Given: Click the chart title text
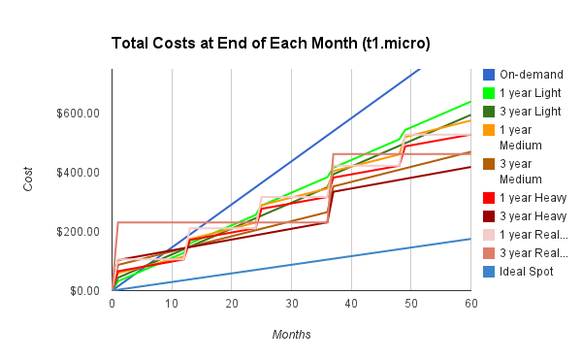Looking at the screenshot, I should [271, 44].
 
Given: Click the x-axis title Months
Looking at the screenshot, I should [291, 335].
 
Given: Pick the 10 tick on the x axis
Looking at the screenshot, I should [172, 305].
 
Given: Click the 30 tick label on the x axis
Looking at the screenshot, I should [291, 305].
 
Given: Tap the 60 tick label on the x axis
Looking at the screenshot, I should [470, 305].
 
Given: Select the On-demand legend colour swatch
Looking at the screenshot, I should [489, 75].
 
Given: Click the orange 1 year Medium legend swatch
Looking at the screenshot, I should [489, 130].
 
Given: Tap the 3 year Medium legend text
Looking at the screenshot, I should [524, 171].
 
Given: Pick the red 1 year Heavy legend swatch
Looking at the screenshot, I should [489, 197].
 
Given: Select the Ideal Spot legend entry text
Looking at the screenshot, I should [528, 272].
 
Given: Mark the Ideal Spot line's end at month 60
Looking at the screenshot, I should [470, 239].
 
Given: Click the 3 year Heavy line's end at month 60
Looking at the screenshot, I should [470, 167].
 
